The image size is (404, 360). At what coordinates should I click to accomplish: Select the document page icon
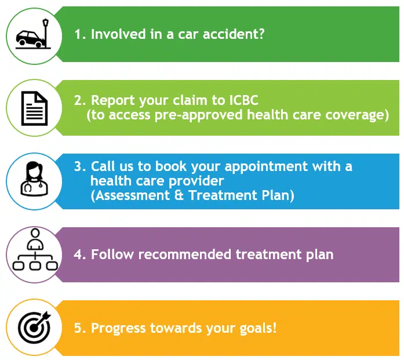click(35, 108)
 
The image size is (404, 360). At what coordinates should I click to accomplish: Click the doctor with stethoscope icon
click(34, 179)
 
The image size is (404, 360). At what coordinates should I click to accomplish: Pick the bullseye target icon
click(34, 328)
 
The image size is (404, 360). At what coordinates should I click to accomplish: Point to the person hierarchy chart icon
click(35, 249)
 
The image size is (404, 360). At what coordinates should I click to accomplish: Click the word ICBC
click(244, 100)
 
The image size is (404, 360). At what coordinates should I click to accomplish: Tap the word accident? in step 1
click(234, 34)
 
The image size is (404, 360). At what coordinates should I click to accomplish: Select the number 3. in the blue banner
click(80, 166)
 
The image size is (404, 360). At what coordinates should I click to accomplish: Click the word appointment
click(266, 167)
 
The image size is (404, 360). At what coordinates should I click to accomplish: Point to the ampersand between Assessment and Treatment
click(179, 195)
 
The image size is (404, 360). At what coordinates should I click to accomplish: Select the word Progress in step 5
click(118, 329)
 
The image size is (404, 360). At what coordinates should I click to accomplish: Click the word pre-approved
click(199, 115)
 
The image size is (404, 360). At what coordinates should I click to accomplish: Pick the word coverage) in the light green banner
click(357, 115)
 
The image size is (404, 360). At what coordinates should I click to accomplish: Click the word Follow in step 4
click(112, 254)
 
